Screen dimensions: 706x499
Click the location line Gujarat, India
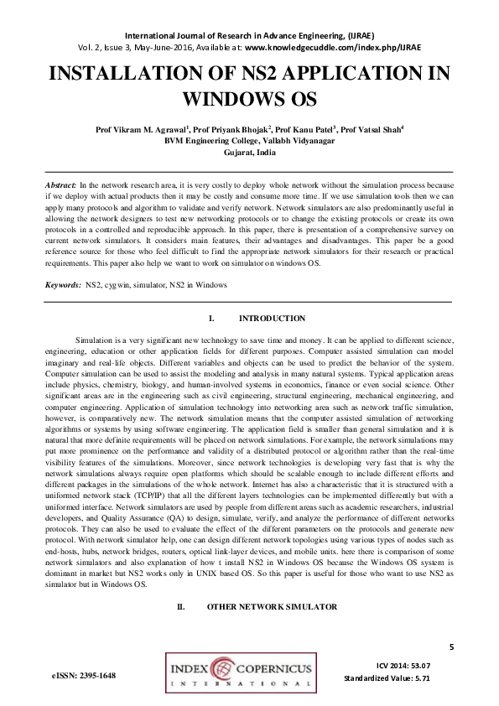point(249,153)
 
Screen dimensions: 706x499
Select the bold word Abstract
point(60,183)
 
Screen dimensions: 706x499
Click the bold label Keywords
point(63,286)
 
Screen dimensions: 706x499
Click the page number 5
point(451,646)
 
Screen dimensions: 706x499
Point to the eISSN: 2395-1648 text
point(83,675)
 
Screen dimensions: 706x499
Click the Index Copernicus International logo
point(241,675)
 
